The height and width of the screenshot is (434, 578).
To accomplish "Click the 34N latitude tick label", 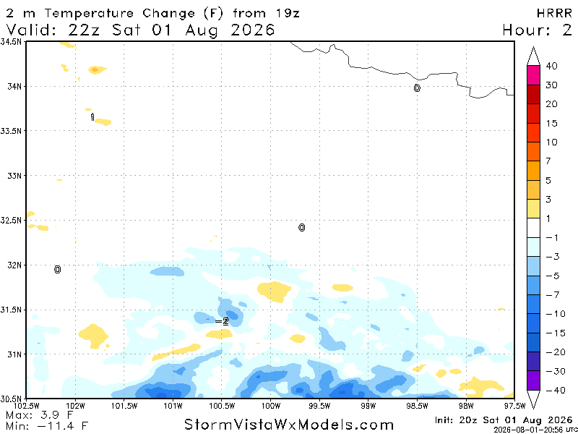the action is pos(15,86).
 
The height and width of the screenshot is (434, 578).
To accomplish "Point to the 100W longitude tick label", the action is pos(270,407).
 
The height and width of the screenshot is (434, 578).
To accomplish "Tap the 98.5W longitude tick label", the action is pos(417,407).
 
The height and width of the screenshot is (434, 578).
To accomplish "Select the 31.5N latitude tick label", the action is pos(12,310).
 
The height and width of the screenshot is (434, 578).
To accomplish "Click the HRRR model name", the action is pos(554,13).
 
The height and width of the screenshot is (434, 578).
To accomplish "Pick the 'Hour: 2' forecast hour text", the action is pos(537,30).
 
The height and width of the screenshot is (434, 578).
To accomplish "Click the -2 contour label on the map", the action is pos(222,321).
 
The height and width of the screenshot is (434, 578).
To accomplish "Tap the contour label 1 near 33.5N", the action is pos(92,117).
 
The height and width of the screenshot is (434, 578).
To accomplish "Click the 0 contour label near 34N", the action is pos(417,88).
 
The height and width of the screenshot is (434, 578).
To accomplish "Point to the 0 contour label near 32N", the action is pos(57,269).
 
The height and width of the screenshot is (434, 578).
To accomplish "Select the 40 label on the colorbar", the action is pos(551,66).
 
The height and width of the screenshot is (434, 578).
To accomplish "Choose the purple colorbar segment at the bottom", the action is pos(533,380).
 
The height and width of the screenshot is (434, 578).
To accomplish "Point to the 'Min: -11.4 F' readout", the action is pos(47,426).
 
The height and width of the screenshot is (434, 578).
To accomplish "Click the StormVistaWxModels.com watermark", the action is pos(289,425).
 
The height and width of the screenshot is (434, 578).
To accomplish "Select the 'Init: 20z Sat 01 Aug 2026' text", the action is pos(503,420).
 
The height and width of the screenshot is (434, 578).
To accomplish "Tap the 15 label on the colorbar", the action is pos(551,123).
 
